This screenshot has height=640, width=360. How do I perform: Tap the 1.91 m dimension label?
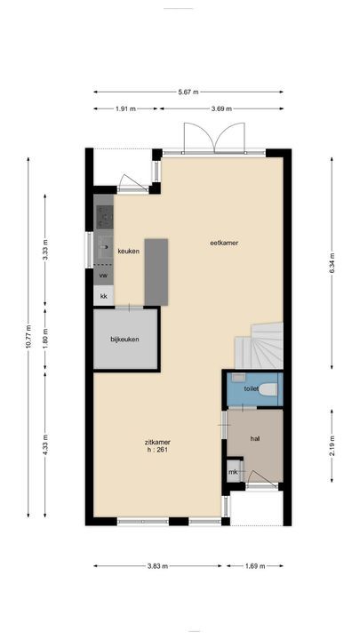pos(126,108)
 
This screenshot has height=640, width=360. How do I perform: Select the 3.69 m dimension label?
pos(221,108)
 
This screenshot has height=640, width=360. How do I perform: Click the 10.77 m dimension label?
pos(29,339)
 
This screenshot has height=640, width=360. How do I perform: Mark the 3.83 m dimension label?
pos(158,564)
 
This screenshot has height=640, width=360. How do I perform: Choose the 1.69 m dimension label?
pos(254,564)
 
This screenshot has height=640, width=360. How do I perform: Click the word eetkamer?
pos(224,243)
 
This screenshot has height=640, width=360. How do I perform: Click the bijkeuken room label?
pos(125,339)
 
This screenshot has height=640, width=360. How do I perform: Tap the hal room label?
pos(255,437)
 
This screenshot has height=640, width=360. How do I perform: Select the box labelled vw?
pos(104,276)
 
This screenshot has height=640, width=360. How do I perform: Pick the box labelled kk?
pos(104,295)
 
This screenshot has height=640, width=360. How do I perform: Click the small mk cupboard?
pos(233,471)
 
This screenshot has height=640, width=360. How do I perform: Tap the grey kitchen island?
pos(156,271)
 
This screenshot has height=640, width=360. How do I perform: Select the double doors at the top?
pos(200,138)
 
